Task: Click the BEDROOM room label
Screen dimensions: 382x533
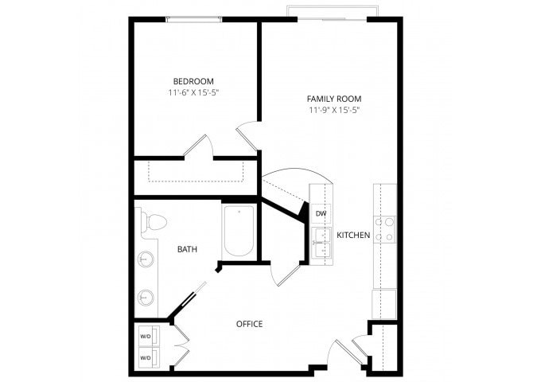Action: click(x=193, y=81)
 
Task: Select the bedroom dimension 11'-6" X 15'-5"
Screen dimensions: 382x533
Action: click(x=193, y=93)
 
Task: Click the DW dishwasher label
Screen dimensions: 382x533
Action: click(x=321, y=213)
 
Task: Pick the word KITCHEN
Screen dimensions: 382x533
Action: click(x=352, y=236)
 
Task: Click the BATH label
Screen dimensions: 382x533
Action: click(x=187, y=249)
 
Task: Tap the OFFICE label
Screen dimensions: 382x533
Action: click(x=249, y=324)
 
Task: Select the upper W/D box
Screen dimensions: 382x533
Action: click(x=146, y=335)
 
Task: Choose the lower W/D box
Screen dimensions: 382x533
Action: click(x=146, y=358)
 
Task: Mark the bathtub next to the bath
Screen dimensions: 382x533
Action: click(x=239, y=231)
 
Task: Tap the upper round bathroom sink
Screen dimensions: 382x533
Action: click(x=146, y=259)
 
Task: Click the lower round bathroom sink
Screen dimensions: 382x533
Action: click(x=146, y=297)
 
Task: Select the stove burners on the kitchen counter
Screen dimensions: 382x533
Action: click(x=385, y=229)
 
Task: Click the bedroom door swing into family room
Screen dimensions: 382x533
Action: click(x=247, y=134)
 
